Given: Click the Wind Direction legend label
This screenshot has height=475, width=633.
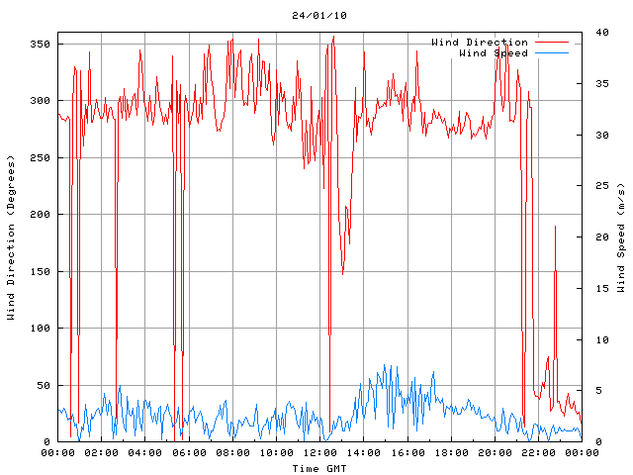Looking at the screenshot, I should pyautogui.click(x=480, y=43).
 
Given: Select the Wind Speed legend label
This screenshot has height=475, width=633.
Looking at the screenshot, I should pyautogui.click(x=494, y=52).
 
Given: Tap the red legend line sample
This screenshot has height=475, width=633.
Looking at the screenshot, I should pyautogui.click(x=553, y=43).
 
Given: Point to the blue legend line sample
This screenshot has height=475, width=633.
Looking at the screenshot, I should pyautogui.click(x=553, y=52).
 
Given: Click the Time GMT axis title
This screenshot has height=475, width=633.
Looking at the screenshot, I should pyautogui.click(x=318, y=467).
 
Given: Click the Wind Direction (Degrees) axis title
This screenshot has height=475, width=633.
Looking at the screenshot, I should pyautogui.click(x=11, y=237).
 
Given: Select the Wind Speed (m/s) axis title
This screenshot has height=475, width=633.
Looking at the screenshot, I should pyautogui.click(x=621, y=237).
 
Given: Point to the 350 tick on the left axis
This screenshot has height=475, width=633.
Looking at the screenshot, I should pyautogui.click(x=40, y=44).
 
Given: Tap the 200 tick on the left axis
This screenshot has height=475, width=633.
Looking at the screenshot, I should pyautogui.click(x=40, y=215).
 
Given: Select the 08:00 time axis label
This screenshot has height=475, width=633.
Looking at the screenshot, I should pyautogui.click(x=232, y=453).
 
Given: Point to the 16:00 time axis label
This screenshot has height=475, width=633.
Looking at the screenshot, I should pyautogui.click(x=407, y=453).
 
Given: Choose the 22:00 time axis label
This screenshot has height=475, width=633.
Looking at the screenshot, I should pyautogui.click(x=538, y=453).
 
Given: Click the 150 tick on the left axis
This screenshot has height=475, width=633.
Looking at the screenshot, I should pyautogui.click(x=40, y=271).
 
